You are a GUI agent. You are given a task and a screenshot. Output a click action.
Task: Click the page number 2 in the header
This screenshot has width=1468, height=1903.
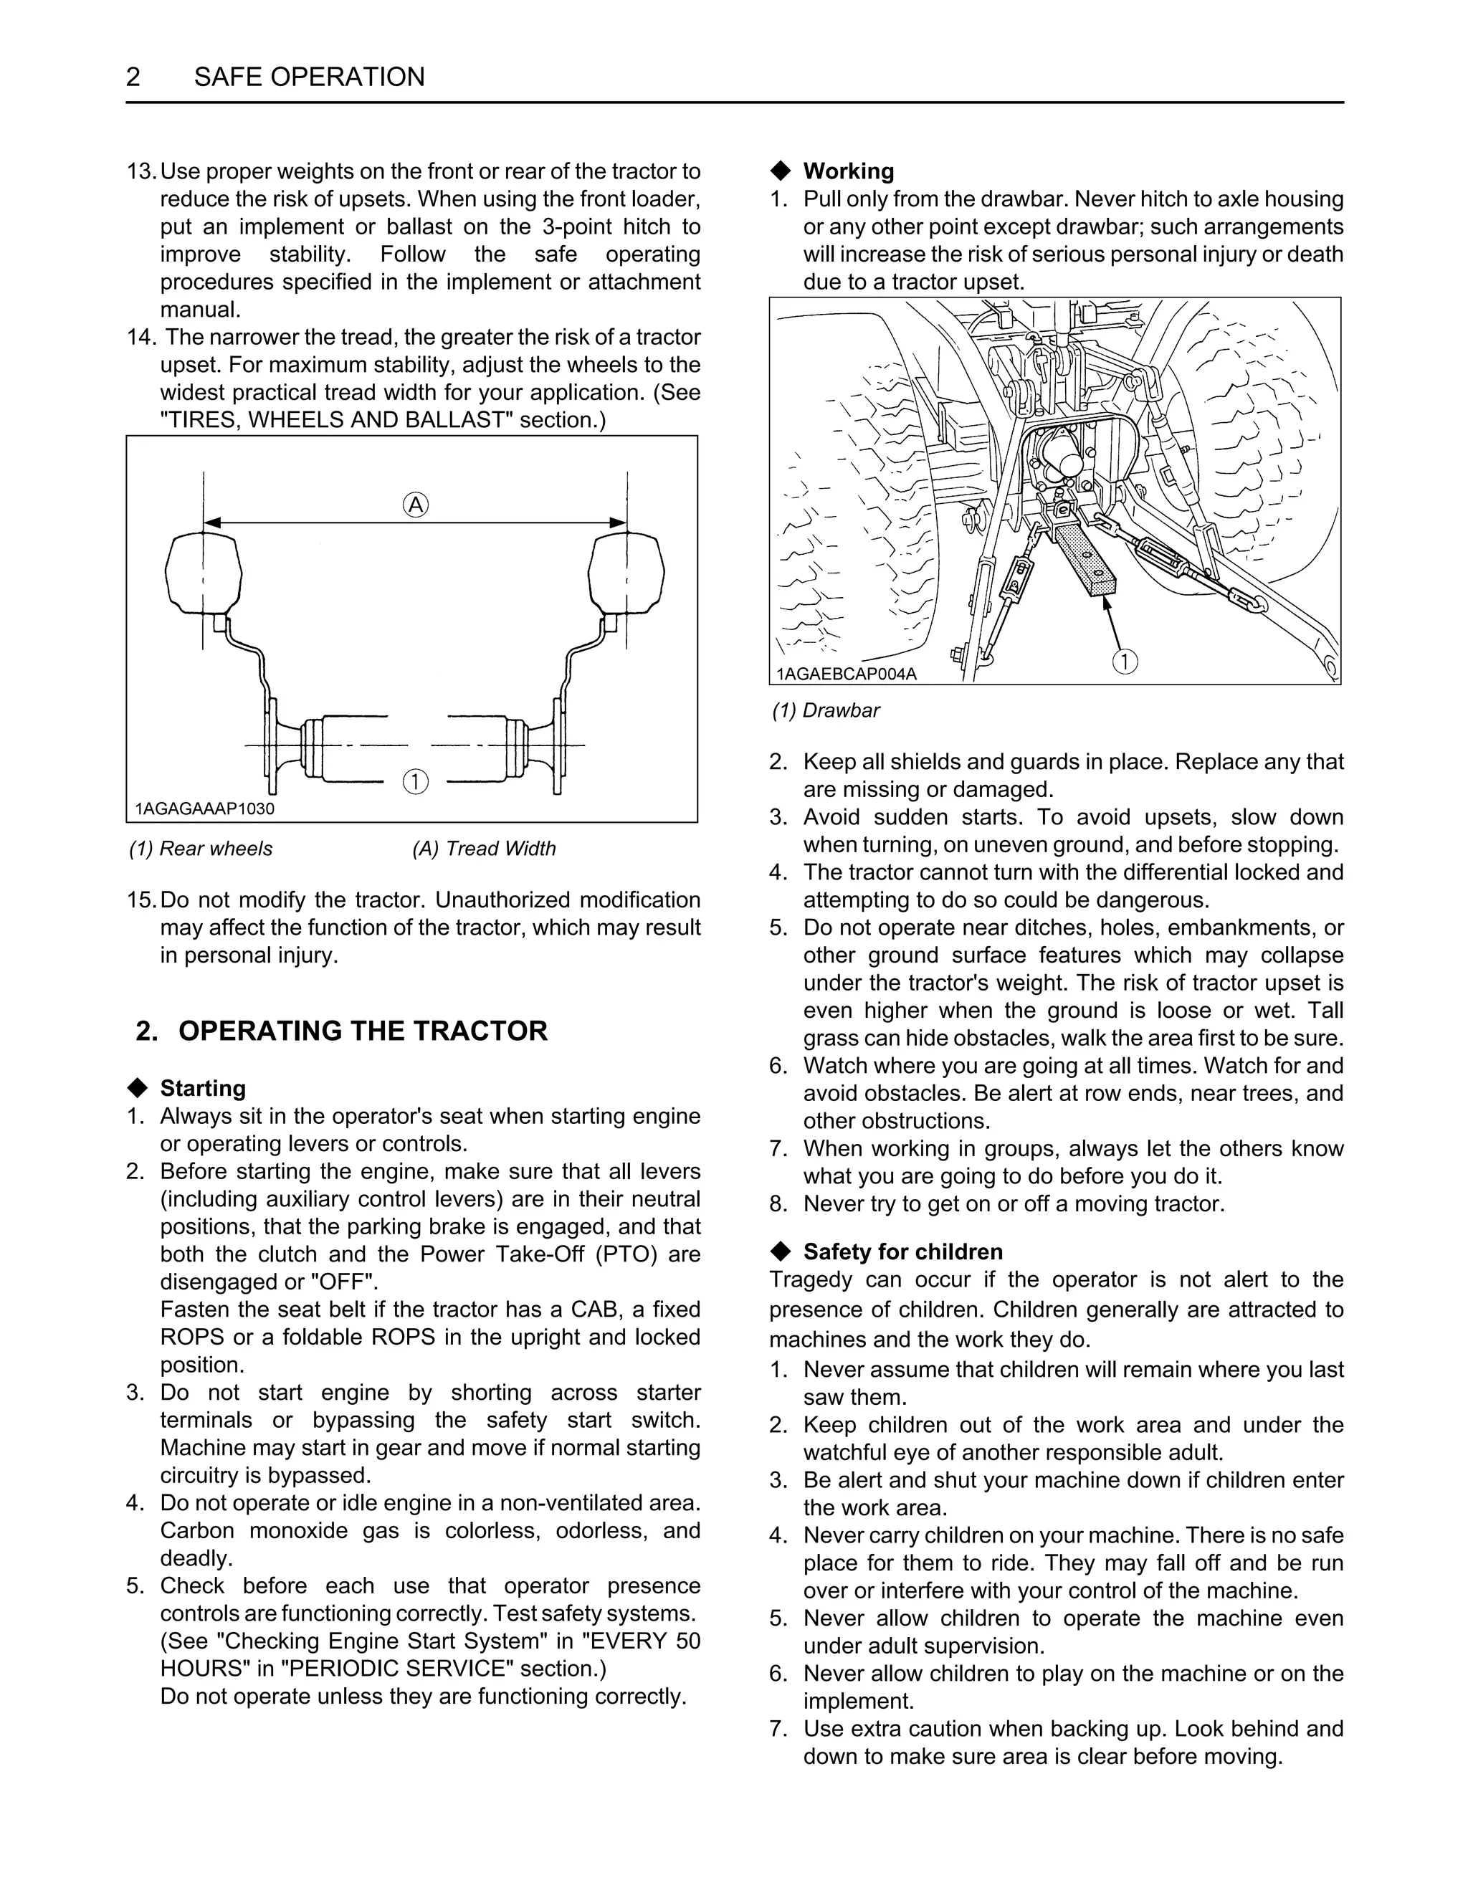point(133,77)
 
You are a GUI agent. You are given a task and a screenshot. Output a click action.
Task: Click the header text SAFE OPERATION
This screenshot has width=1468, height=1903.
point(309,77)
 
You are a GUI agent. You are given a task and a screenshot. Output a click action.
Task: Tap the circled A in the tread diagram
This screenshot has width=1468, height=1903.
point(416,505)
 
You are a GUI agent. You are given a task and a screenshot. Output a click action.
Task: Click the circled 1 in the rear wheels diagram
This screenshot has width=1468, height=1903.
point(416,781)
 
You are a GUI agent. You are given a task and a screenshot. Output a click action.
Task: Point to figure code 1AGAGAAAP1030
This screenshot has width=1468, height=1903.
point(205,809)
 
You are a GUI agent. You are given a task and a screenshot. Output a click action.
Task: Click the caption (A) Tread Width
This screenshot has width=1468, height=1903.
point(484,849)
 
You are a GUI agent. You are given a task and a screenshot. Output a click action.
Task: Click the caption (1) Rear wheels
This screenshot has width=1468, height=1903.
point(201,849)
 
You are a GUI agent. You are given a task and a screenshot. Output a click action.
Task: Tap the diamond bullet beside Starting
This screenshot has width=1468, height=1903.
point(138,1088)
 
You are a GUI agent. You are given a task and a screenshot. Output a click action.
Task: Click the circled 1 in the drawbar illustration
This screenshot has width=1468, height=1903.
point(1125,662)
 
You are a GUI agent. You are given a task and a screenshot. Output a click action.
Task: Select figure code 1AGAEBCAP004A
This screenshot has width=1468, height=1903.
point(846,674)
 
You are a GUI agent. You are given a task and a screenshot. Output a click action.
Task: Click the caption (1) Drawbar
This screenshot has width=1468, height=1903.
point(826,711)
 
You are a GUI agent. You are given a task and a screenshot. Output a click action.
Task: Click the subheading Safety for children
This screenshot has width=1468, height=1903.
point(902,1252)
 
